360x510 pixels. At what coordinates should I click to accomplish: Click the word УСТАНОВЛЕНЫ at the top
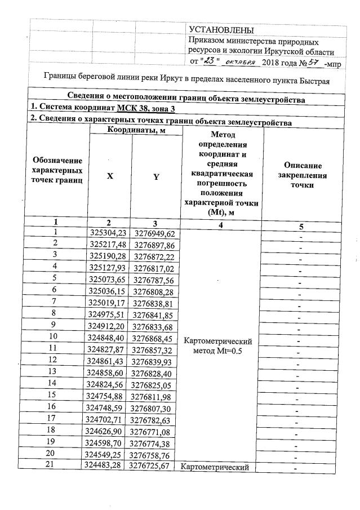click(221, 30)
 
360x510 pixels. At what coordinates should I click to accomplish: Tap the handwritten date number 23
click(209, 60)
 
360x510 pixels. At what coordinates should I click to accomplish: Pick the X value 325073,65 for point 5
click(110, 278)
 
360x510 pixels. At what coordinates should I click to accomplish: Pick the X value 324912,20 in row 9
click(110, 325)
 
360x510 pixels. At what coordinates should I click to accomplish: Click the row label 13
click(56, 372)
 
